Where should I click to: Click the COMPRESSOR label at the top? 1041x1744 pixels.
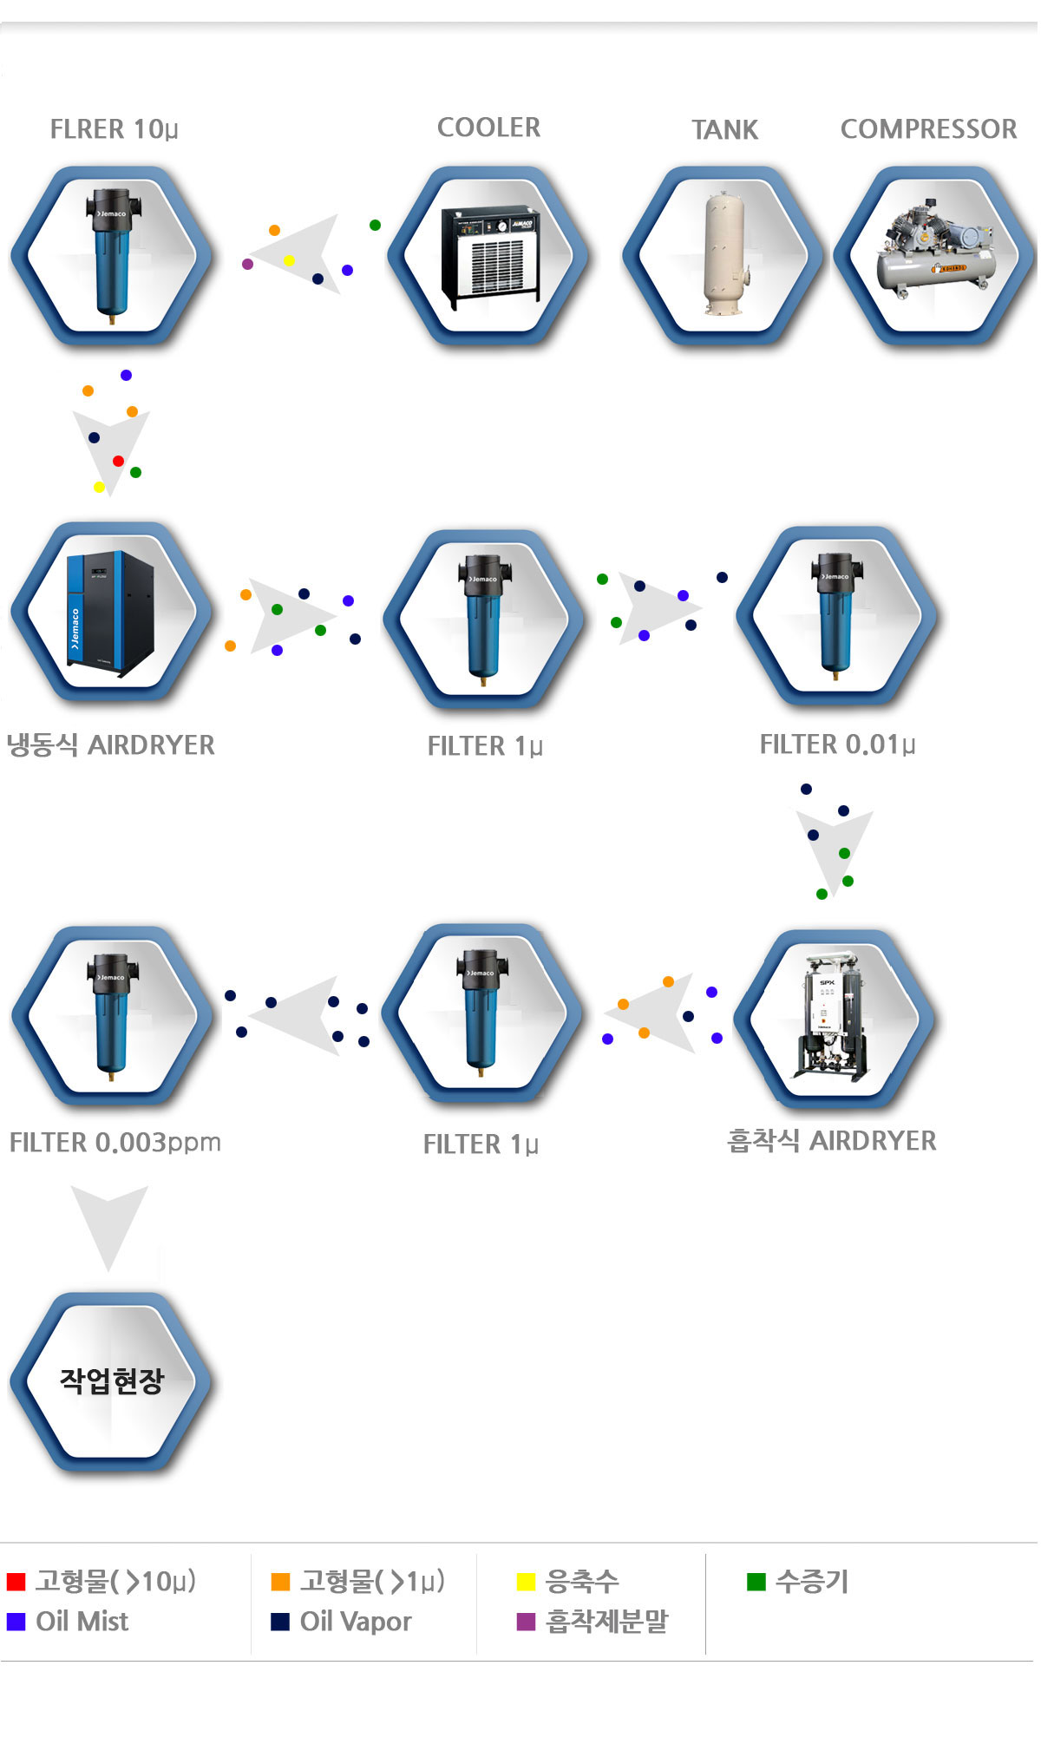[x=928, y=129]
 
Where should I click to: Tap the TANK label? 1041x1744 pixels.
[x=724, y=130]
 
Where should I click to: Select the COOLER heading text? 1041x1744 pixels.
[x=488, y=128]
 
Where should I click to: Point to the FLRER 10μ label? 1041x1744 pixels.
[x=114, y=129]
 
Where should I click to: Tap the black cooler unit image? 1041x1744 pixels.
[x=490, y=256]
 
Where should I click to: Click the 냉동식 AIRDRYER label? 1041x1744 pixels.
[x=111, y=745]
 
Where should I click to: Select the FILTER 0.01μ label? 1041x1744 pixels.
[x=837, y=744]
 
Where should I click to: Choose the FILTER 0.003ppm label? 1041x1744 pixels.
[x=115, y=1143]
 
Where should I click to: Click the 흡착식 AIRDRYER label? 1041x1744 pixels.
[x=831, y=1141]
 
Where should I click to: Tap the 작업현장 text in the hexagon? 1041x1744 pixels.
[x=111, y=1380]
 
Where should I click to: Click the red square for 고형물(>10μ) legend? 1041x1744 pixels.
[x=16, y=1582]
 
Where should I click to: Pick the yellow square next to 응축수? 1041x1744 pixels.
[x=526, y=1582]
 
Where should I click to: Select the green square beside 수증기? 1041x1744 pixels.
[x=756, y=1582]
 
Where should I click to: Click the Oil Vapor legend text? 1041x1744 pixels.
[x=356, y=1622]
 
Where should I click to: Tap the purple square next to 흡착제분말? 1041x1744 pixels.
[x=526, y=1622]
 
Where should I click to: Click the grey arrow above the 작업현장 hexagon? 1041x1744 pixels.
[x=109, y=1223]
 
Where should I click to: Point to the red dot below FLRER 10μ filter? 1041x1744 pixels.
[x=118, y=461]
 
